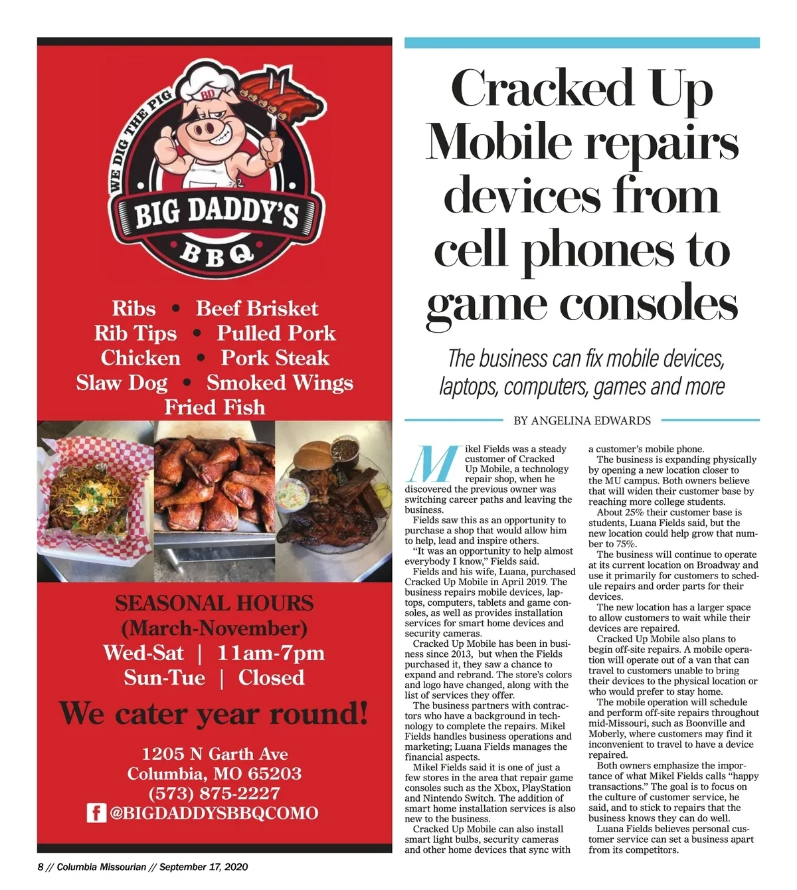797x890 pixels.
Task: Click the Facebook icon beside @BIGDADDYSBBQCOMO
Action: tap(97, 813)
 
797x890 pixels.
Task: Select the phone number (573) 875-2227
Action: tap(214, 793)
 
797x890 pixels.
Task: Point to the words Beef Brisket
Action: tap(257, 308)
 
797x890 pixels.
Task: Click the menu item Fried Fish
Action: tap(215, 406)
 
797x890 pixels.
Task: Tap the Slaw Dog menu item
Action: tap(122, 383)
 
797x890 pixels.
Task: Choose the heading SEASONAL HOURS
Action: tap(214, 603)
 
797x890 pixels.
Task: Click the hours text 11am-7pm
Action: tap(271, 653)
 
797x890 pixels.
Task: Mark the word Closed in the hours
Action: tap(271, 677)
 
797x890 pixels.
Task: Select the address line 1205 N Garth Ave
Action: tap(215, 754)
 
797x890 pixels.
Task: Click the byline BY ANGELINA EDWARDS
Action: tap(582, 420)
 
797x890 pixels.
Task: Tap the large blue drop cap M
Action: tap(432, 463)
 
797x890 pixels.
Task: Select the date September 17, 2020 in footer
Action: tap(203, 867)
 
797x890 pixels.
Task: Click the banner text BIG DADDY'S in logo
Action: tap(216, 215)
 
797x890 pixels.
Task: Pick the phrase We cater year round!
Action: tap(214, 714)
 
